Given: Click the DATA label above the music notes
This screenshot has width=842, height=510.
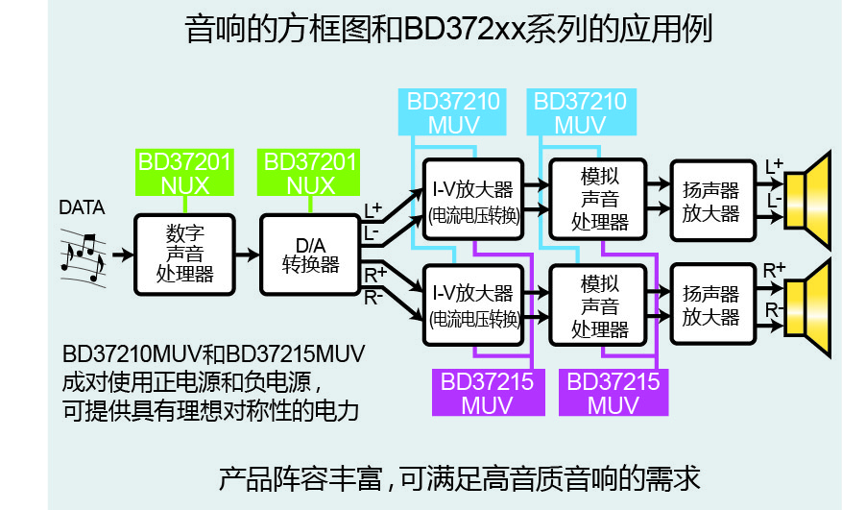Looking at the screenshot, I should coord(83,206).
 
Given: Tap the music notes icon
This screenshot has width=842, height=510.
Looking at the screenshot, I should coord(83,255).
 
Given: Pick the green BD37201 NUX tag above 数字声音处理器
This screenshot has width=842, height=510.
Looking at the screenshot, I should coord(184,173).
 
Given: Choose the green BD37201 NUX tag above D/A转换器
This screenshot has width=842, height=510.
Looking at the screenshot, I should coord(310,173).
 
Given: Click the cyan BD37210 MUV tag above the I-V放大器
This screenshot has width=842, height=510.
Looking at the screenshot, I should coord(451,113).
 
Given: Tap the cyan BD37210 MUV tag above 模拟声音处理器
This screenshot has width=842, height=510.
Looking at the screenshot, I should coord(580,113).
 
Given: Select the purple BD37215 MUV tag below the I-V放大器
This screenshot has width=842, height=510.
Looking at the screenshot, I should coord(487,393).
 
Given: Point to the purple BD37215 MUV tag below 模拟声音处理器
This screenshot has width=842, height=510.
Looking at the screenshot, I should coord(613,393).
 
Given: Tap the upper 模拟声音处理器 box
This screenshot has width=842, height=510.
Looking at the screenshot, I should coord(596,199).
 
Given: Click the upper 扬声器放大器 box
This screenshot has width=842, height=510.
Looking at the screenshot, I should coord(711,199).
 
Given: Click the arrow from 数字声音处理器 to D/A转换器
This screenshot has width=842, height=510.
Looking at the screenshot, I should coord(248,255).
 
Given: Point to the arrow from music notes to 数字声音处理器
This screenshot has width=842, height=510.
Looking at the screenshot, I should coord(122,255).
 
